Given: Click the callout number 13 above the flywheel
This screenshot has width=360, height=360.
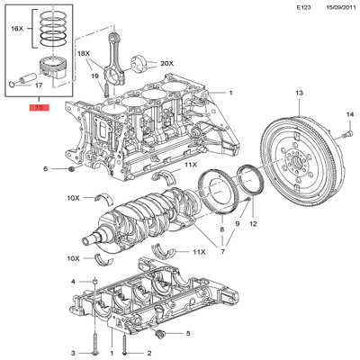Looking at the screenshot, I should [299, 93].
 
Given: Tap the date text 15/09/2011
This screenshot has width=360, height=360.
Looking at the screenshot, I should [330, 8].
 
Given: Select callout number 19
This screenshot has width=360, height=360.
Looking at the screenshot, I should [94, 76].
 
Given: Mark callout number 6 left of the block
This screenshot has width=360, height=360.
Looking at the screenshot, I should [45, 169].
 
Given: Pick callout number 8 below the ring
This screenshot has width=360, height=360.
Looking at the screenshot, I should [221, 230].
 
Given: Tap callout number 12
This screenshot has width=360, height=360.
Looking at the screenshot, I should [253, 223].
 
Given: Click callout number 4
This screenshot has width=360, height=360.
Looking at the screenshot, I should [73, 282].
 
